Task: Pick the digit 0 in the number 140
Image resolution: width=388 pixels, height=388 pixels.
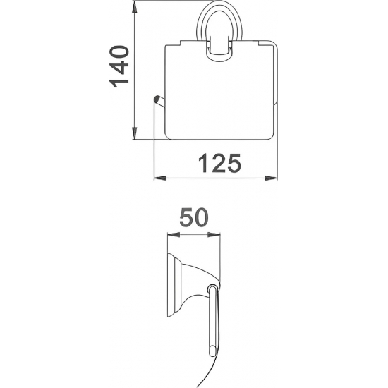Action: click(119, 54)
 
